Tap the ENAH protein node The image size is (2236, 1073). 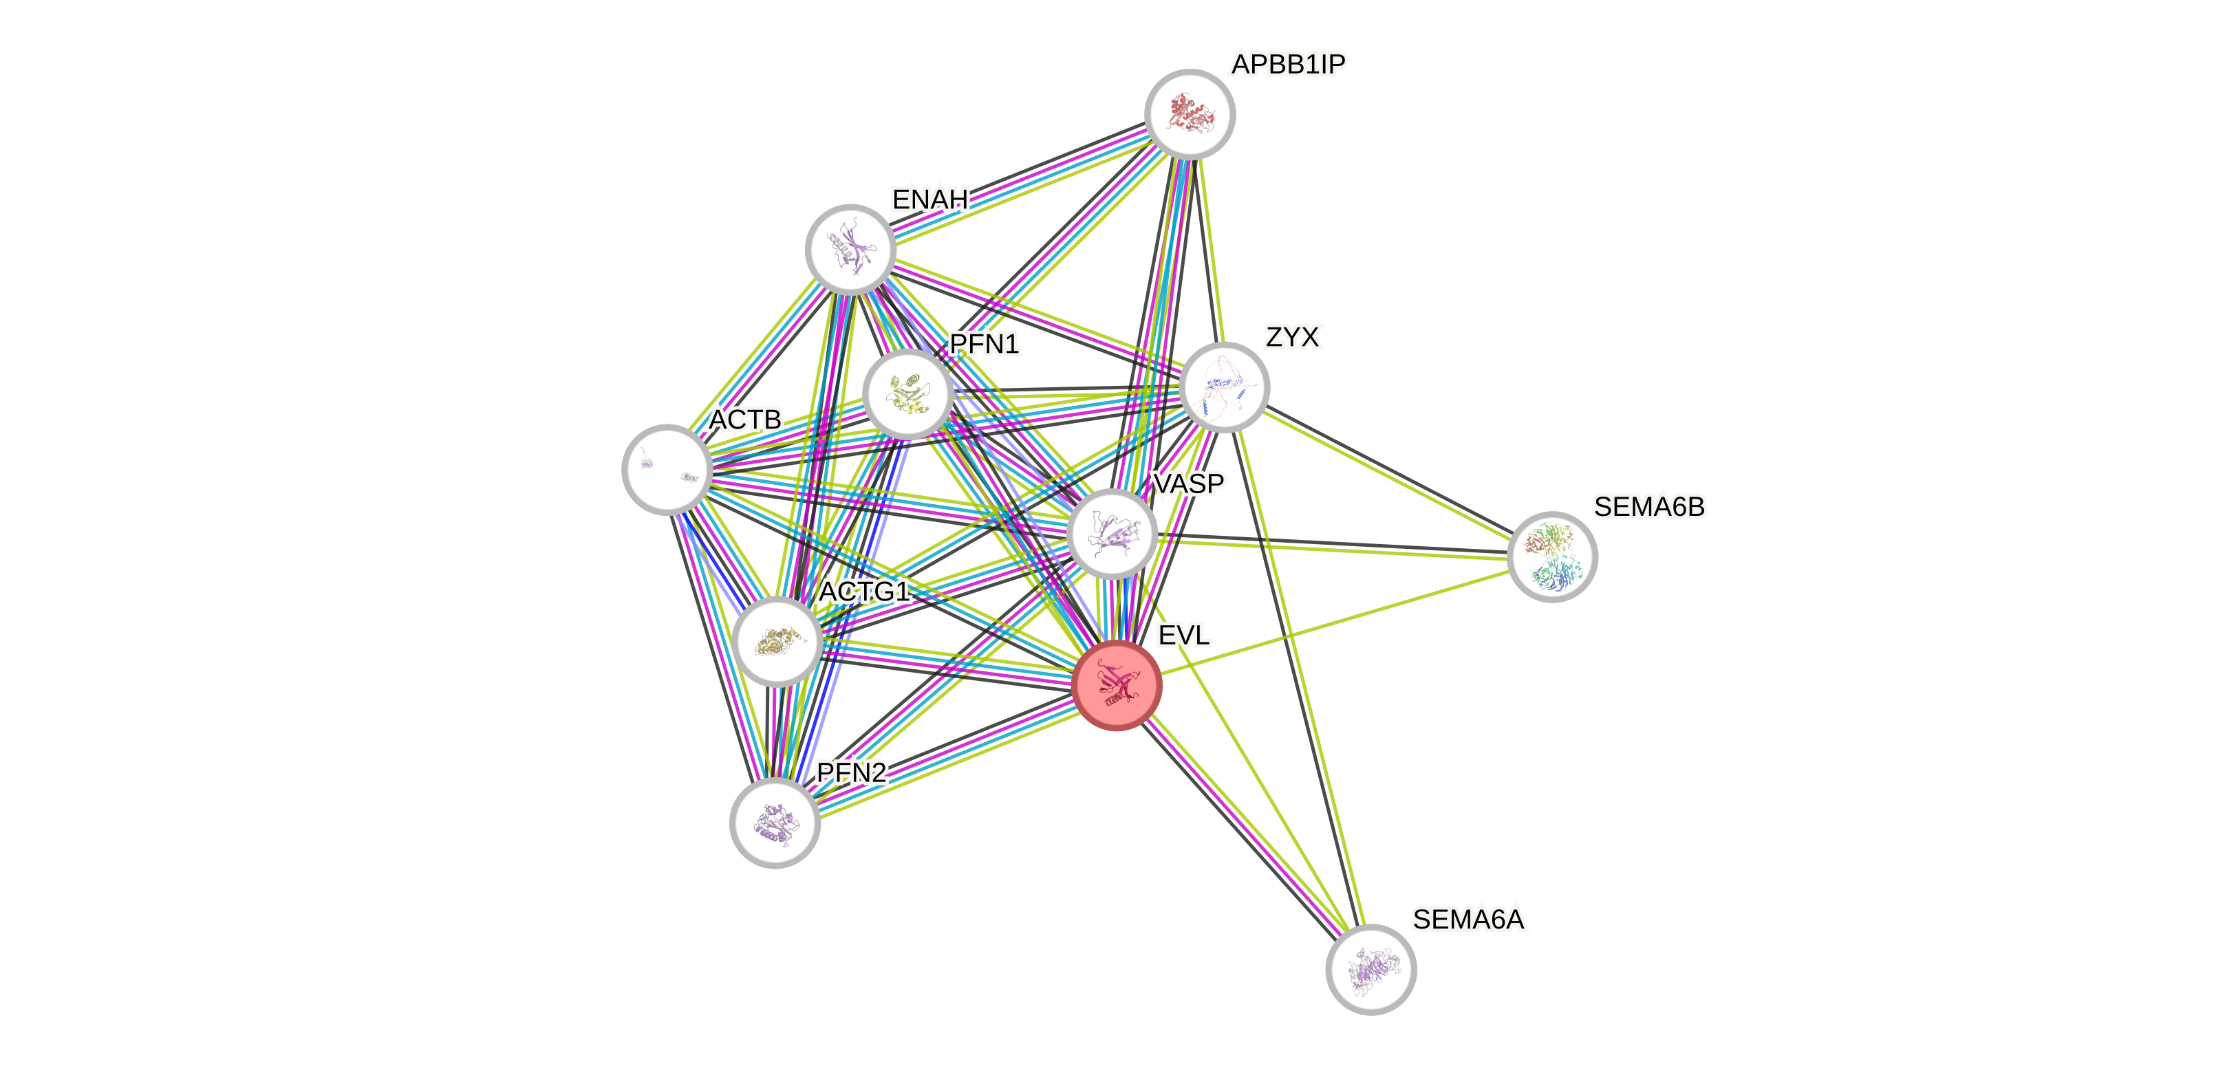coord(850,249)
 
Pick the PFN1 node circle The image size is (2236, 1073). coord(908,393)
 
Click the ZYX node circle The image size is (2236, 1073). coord(1225,387)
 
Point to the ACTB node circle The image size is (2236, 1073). coord(667,469)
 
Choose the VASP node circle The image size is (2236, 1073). coord(1112,533)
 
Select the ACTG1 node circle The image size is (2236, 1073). coord(777,642)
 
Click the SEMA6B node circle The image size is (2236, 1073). coord(1552,556)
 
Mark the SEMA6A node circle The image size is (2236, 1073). coord(1370,969)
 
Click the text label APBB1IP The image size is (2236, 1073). coord(1288,64)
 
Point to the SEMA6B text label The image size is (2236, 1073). coord(1649,507)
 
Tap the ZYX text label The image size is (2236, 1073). coord(1293,338)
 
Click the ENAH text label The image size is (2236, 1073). coord(929,199)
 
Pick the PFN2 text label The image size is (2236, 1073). coord(852,772)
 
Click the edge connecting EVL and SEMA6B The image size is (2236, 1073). coord(1337,620)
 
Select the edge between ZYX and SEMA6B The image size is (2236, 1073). coord(1389,473)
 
